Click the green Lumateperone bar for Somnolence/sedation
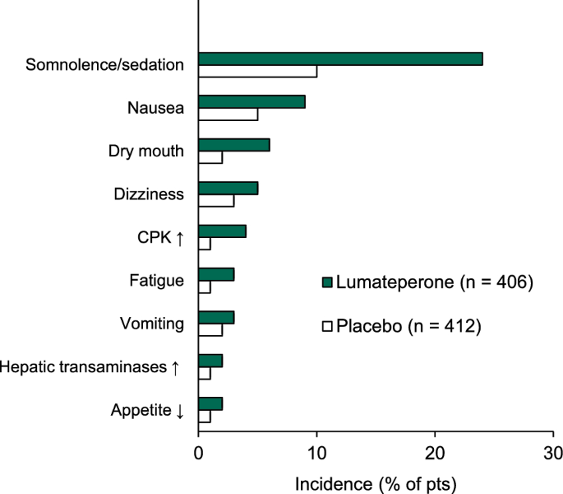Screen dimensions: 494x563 pos(340,59)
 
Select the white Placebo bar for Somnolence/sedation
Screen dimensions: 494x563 pos(257,71)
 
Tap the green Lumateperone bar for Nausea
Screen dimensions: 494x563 pos(252,102)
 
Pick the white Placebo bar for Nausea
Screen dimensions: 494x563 pos(228,114)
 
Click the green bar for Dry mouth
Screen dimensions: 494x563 pos(234,145)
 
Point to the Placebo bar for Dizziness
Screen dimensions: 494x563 pos(216,200)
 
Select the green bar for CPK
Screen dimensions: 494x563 pos(222,231)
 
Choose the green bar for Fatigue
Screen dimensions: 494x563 pos(216,274)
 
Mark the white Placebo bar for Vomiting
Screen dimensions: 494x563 pos(210,329)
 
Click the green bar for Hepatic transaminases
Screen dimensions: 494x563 pos(210,361)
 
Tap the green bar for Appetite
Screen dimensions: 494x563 pos(210,403)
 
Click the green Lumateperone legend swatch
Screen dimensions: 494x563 pos(326,283)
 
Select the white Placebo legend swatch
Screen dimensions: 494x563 pos(326,327)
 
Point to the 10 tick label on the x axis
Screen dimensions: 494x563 pos(316,452)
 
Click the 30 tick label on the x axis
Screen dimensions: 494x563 pos(553,452)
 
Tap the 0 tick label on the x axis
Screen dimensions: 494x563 pos(198,452)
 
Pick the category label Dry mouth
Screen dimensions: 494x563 pos(146,151)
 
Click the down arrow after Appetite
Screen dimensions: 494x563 pos(180,409)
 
